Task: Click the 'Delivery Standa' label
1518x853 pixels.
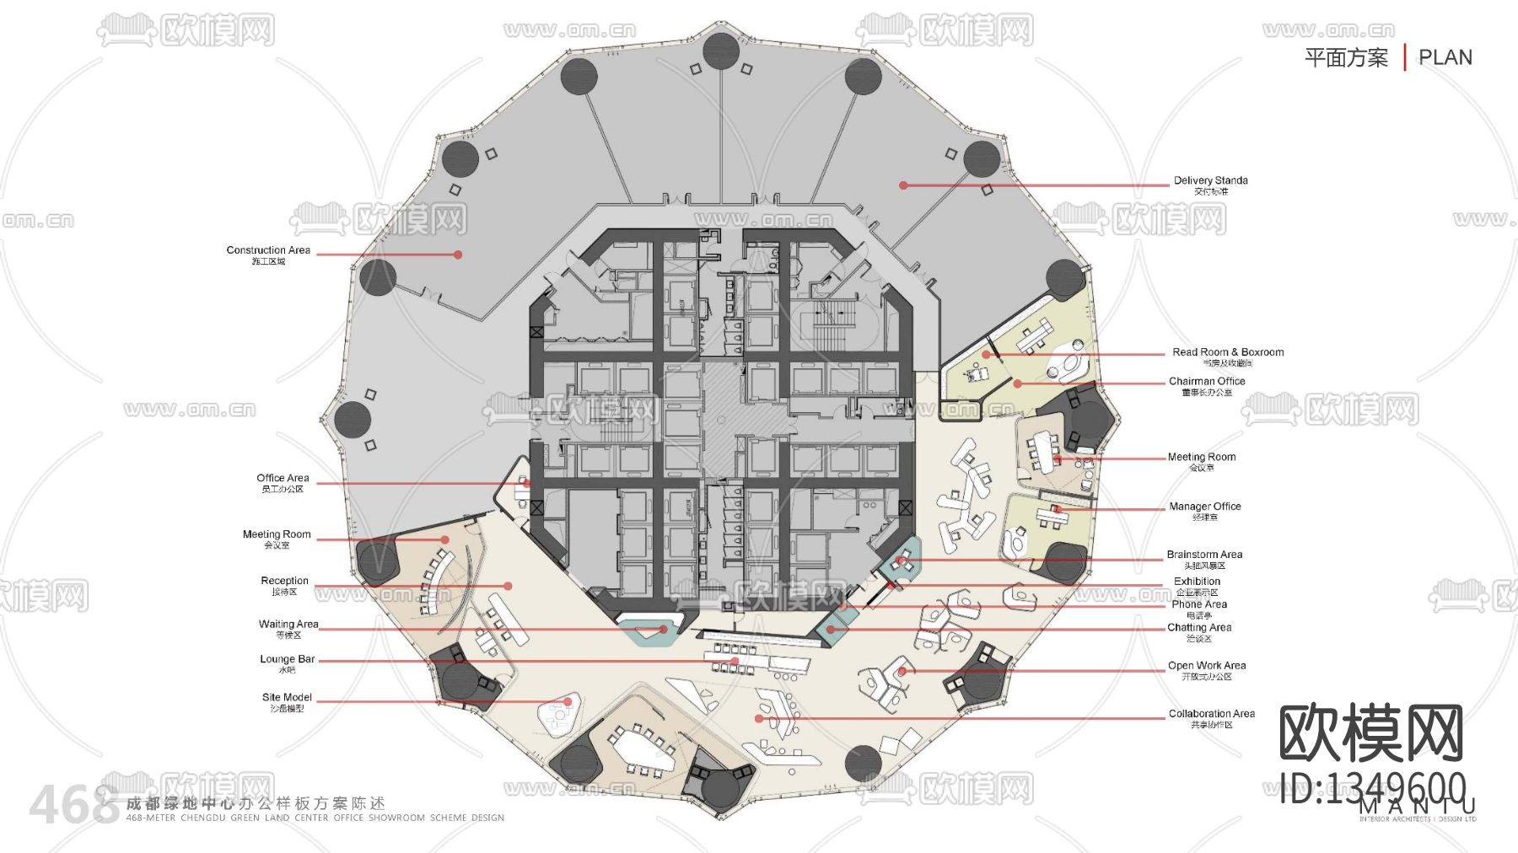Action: pos(1210,180)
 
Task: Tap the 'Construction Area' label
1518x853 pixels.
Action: pos(268,250)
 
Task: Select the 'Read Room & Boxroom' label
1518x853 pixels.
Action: pos(1227,352)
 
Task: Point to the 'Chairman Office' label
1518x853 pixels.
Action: pos(1206,381)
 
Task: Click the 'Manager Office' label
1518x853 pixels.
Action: pos(1204,507)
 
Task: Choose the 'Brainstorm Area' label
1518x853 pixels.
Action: pos(1204,555)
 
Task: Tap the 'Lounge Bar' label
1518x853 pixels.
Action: pos(287,659)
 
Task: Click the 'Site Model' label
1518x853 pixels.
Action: pos(287,697)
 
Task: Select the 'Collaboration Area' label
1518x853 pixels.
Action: pos(1211,714)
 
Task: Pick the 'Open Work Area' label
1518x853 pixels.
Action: pos(1206,666)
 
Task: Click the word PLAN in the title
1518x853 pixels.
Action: pos(1445,57)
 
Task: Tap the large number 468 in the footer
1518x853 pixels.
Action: pos(74,805)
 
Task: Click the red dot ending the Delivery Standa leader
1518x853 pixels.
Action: pos(903,185)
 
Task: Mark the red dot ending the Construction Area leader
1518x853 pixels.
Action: pos(458,255)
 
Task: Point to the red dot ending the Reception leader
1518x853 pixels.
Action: pos(508,586)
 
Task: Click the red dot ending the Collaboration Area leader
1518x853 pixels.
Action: pos(759,719)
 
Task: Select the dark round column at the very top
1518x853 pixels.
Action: pos(721,51)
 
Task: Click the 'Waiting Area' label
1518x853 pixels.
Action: pos(288,625)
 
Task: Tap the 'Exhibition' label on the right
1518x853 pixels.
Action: pos(1197,582)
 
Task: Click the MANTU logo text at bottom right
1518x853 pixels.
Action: pos(1417,807)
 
